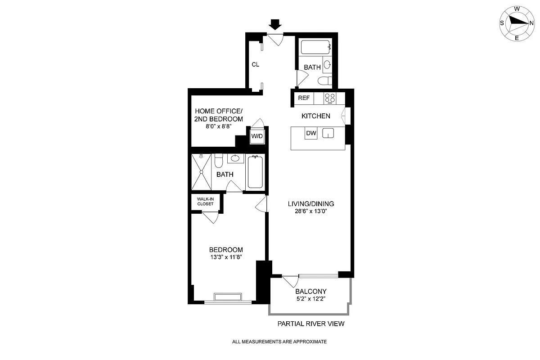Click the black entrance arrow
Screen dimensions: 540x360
275,25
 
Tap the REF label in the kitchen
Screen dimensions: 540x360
304,98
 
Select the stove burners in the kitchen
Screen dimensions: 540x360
330,99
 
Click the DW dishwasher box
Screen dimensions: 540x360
311,133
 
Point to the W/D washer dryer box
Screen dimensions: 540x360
257,136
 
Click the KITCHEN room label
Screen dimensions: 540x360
316,116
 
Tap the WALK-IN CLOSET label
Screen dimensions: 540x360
205,201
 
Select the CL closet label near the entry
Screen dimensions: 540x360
255,64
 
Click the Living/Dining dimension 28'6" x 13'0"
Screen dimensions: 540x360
311,211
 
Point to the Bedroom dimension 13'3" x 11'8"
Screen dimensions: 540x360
226,257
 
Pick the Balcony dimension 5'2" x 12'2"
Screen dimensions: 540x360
311,299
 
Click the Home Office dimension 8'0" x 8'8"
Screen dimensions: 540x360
219,126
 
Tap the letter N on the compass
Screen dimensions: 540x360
531,23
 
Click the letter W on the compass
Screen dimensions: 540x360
517,9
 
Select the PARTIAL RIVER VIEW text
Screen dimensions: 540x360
311,324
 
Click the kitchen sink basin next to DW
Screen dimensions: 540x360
328,133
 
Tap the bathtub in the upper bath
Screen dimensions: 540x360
315,47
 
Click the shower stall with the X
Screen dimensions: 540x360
201,172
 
